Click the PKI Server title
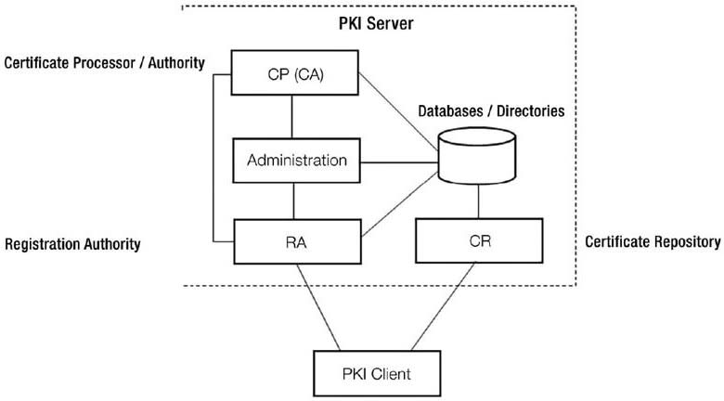pyautogui.click(x=375, y=20)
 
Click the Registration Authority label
pyautogui.click(x=72, y=244)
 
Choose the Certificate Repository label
pyautogui.click(x=653, y=242)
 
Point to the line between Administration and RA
pyautogui.click(x=294, y=200)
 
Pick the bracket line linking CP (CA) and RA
pyautogui.click(x=213, y=158)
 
